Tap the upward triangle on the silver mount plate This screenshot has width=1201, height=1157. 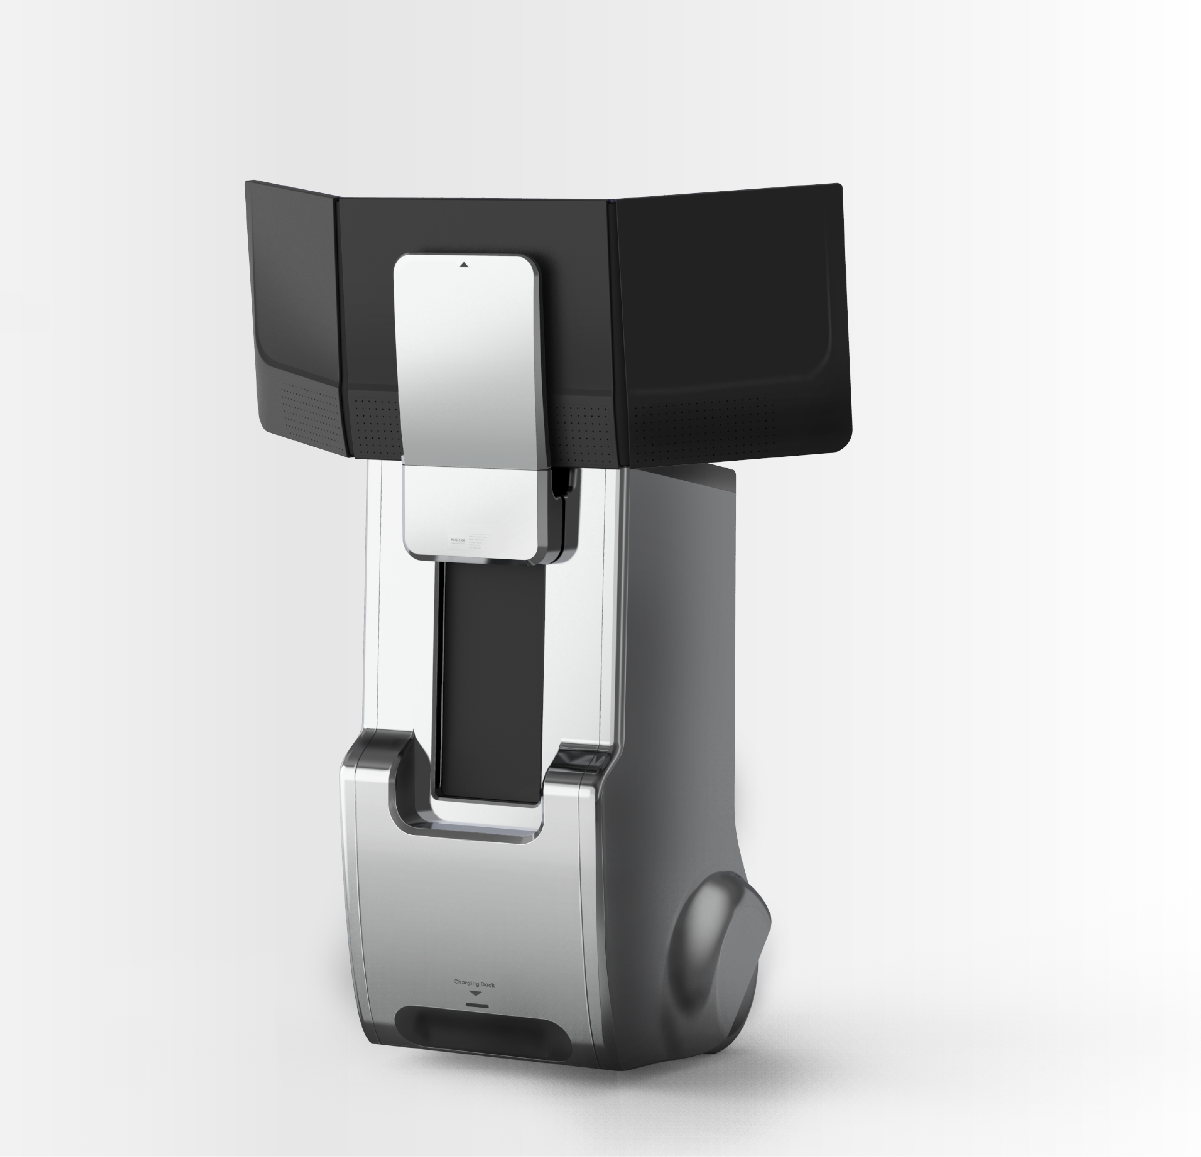pyautogui.click(x=464, y=265)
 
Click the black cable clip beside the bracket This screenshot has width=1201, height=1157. pyautogui.click(x=561, y=484)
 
